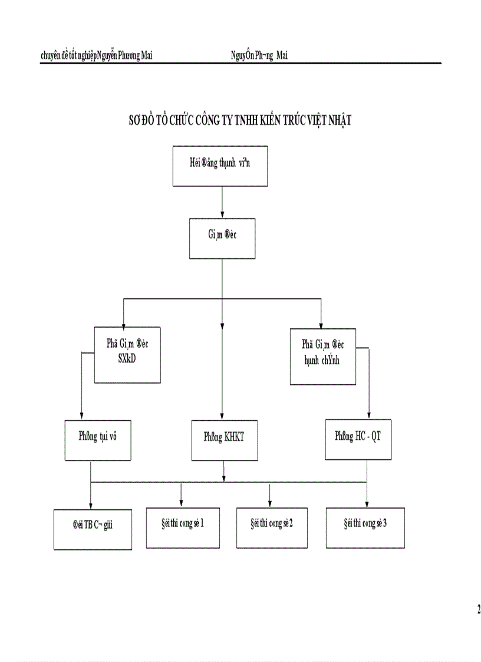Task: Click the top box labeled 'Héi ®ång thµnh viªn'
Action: [220, 166]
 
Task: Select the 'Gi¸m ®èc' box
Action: [222, 238]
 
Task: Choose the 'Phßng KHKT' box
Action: [223, 440]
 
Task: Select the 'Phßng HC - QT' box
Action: [358, 440]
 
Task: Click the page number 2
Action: [478, 609]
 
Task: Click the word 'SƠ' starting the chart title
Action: [136, 120]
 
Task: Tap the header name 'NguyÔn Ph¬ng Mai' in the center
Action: [259, 56]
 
